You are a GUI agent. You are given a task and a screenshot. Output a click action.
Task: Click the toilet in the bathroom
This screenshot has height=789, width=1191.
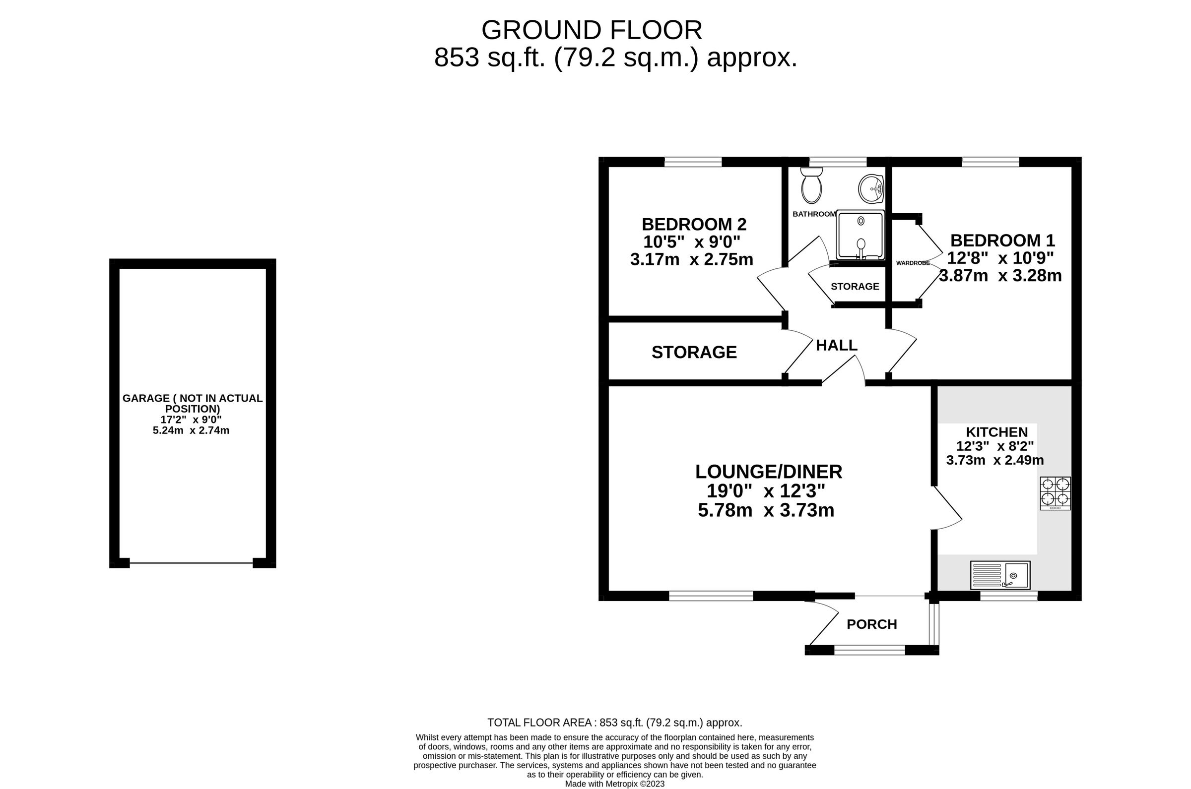811,185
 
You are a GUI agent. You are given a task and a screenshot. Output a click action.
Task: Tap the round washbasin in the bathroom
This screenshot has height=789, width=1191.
870,189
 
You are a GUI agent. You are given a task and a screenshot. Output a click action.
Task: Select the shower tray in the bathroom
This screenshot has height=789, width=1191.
860,235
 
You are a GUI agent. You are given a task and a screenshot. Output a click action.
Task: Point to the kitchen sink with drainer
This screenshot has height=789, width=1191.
1000,575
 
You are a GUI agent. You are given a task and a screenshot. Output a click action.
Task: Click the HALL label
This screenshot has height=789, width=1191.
836,345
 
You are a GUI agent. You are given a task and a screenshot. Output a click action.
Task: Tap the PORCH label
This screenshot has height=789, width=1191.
871,624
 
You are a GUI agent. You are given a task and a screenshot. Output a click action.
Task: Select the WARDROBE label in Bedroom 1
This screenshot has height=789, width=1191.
913,263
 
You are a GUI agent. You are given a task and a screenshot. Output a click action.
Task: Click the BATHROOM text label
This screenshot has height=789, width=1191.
813,214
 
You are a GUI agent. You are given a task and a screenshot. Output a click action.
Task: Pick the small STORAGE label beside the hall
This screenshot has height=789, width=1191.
855,286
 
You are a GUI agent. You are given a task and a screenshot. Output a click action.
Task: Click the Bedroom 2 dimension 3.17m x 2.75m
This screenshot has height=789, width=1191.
691,260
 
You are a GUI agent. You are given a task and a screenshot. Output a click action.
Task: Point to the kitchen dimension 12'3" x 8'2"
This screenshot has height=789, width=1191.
994,446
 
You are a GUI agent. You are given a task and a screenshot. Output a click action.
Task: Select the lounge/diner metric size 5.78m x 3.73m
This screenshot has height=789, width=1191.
766,510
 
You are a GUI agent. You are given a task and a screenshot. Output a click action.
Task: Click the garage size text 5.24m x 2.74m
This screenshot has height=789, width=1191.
191,430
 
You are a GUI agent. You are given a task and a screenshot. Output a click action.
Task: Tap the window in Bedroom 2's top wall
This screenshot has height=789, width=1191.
693,162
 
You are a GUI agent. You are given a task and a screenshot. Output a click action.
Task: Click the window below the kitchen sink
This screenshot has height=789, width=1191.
1008,596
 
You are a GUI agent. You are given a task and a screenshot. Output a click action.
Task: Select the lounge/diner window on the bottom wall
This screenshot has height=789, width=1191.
710,596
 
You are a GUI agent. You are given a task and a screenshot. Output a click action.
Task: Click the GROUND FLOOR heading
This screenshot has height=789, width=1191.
592,30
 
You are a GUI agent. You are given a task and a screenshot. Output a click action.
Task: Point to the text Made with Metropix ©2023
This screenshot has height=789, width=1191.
615,784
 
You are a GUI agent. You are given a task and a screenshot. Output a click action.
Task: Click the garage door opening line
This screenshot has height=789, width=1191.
191,563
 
